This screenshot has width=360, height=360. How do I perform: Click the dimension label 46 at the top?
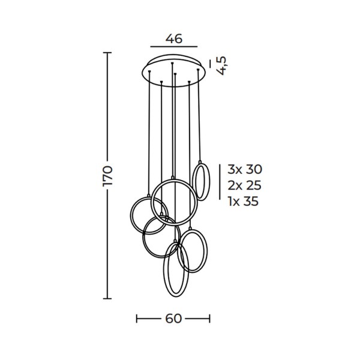(174, 38)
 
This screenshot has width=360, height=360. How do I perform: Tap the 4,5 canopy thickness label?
(221, 65)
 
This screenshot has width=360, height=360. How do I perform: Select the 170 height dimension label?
(107, 176)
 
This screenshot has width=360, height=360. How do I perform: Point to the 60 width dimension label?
(173, 319)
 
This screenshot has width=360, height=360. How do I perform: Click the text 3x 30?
(245, 169)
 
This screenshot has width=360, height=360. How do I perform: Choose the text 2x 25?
(245, 185)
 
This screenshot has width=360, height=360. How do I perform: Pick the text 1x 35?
(244, 202)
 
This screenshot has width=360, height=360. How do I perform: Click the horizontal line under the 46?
(174, 47)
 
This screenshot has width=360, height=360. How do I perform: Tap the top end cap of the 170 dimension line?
(107, 53)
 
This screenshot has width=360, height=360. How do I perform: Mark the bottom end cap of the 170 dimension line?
(107, 299)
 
